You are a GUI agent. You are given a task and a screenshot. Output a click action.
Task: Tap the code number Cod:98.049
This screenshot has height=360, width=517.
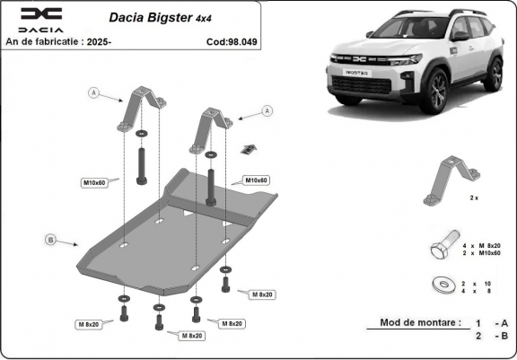click(231, 41)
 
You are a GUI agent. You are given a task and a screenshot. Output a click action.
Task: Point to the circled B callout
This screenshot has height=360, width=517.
click(50, 239)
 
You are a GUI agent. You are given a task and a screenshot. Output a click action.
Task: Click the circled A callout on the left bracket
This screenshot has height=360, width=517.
click(92, 92)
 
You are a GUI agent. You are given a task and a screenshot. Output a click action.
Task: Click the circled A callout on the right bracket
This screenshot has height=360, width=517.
click(267, 110)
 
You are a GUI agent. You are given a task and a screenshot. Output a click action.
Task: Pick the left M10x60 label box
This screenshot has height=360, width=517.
click(94, 182)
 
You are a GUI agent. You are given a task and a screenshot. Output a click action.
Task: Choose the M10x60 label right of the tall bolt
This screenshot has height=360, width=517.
click(258, 180)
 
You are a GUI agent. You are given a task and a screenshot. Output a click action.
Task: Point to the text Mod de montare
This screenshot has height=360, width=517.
click(420, 322)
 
